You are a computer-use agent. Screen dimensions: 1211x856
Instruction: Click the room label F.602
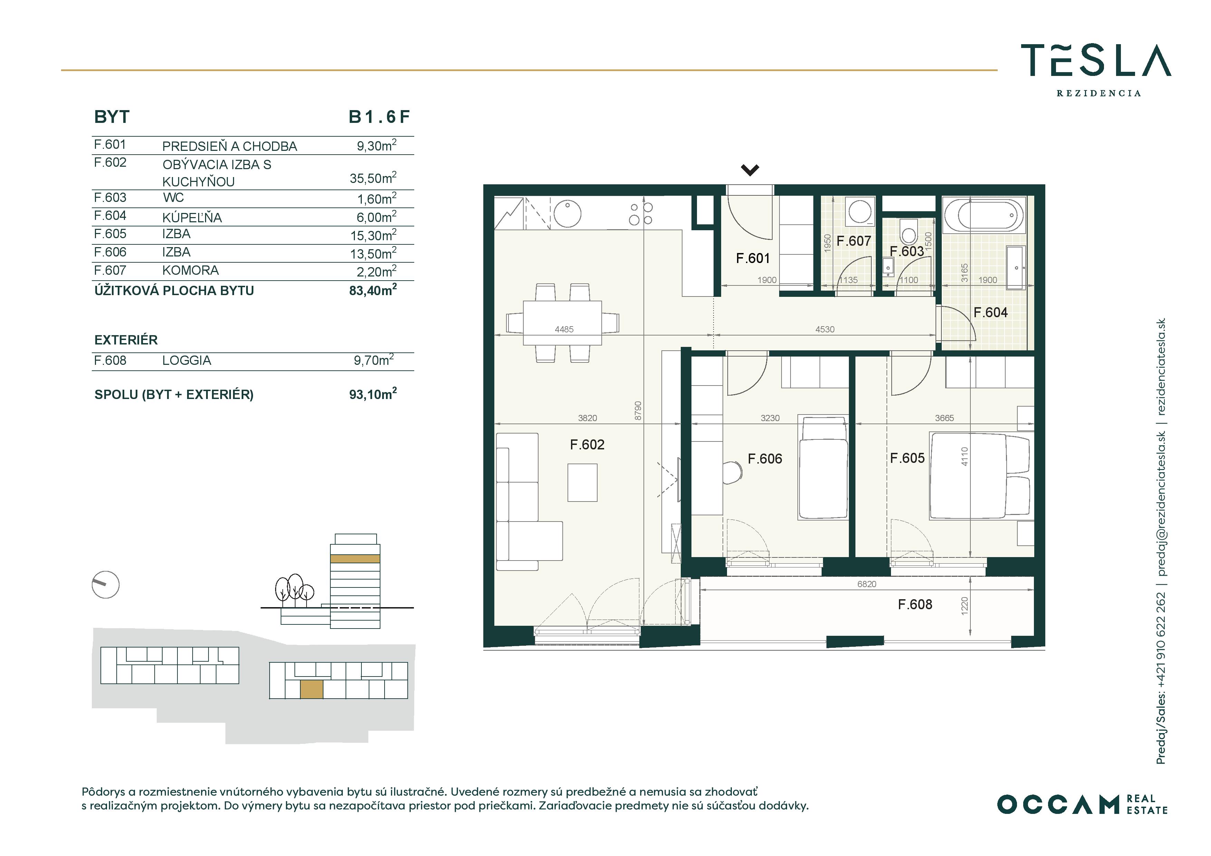click(587, 445)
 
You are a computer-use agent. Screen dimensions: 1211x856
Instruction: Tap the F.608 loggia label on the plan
click(915, 604)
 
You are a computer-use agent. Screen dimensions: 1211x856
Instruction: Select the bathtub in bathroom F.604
click(984, 215)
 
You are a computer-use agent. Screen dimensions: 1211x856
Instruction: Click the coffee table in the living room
click(582, 483)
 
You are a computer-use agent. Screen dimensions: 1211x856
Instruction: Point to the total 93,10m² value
click(373, 393)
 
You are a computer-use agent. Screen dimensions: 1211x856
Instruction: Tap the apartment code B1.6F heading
click(379, 117)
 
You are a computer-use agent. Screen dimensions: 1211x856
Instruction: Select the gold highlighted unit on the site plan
click(311, 689)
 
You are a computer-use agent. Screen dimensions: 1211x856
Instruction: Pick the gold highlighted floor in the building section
click(355, 558)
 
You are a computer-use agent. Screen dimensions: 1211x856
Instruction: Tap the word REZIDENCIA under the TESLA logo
click(1099, 93)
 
